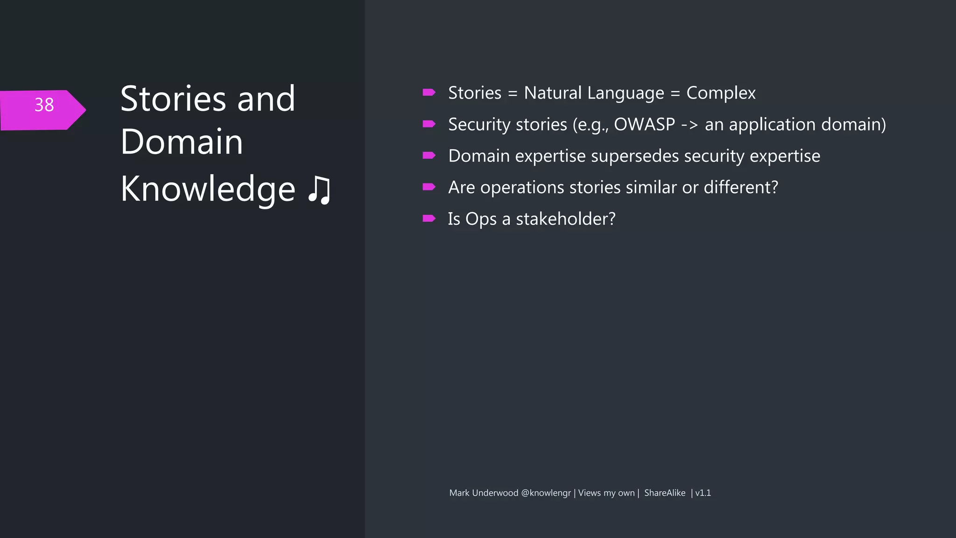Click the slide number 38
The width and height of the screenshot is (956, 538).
pyautogui.click(x=44, y=105)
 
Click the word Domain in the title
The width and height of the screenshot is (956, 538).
pyautogui.click(x=182, y=142)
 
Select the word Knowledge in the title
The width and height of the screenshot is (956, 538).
pyautogui.click(x=208, y=189)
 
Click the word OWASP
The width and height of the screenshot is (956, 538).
pyautogui.click(x=644, y=125)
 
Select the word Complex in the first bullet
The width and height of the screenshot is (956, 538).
pyautogui.click(x=721, y=93)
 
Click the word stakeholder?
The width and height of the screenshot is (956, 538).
pyautogui.click(x=565, y=219)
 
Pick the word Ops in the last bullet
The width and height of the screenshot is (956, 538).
pyautogui.click(x=481, y=219)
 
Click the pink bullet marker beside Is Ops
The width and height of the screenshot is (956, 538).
pyautogui.click(x=429, y=219)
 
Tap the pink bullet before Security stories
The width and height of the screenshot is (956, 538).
pyautogui.click(x=429, y=124)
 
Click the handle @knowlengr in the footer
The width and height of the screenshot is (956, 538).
pyautogui.click(x=546, y=493)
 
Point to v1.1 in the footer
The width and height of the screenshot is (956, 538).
pyautogui.click(x=703, y=493)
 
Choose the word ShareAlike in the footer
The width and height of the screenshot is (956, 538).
pyautogui.click(x=665, y=493)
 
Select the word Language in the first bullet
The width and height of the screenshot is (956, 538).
pyautogui.click(x=626, y=93)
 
